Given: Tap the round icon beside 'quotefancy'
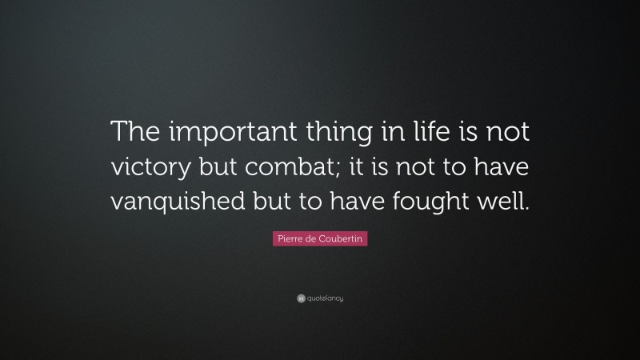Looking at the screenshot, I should coord(300,298).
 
